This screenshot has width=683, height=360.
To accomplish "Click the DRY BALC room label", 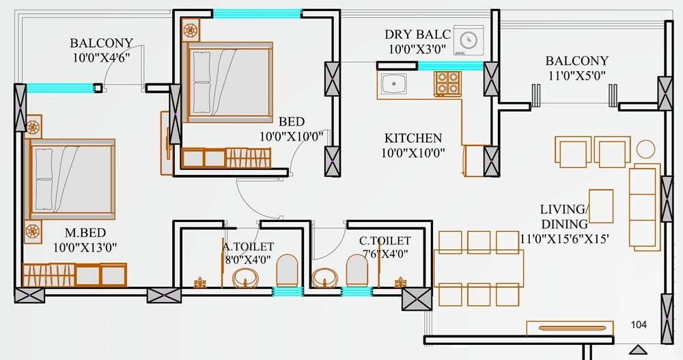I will tap(418, 34).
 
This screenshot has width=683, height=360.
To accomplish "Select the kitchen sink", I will tap(395, 84).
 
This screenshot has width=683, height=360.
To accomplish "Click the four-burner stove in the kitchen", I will tap(447, 83).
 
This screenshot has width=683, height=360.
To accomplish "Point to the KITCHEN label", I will tap(413, 138).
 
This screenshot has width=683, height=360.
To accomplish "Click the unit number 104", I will tap(639, 324).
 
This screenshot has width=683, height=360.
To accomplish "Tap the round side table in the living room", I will tap(645, 149).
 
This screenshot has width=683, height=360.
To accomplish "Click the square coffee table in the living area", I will tap(600, 206).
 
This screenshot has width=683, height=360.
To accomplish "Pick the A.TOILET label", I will tap(248, 246).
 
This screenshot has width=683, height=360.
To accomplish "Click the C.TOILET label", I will tap(385, 240).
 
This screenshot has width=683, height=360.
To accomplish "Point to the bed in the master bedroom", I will tap(70, 179).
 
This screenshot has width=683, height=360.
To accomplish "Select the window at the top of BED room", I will tap(257, 13).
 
